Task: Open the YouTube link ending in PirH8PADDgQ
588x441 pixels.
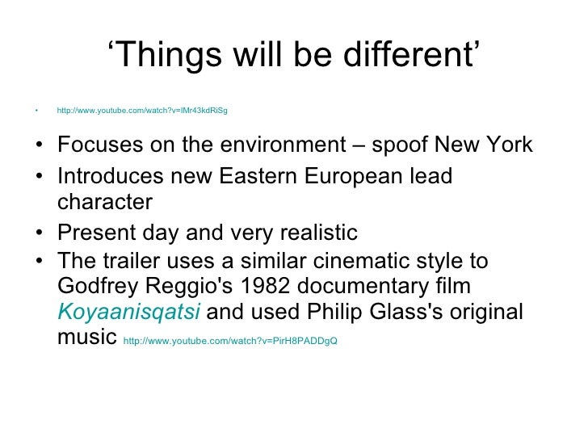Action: (229, 340)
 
